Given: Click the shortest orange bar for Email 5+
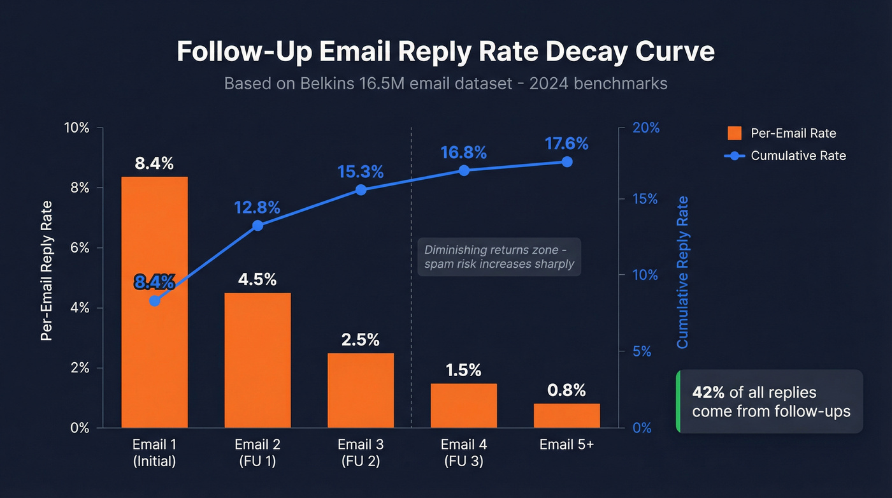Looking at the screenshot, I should [566, 415].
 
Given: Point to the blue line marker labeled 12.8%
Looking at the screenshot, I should [257, 225].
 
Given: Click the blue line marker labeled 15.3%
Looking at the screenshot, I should [361, 189].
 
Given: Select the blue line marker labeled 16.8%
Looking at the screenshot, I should [464, 170].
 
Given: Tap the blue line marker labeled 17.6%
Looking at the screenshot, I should [566, 161].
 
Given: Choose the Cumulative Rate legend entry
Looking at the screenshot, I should [787, 156].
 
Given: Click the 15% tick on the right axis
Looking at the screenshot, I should [645, 199].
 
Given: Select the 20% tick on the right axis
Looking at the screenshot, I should [645, 128].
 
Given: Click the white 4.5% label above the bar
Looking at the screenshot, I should [257, 279].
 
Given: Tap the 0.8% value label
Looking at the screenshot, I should [566, 390].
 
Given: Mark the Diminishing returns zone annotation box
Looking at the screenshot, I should [499, 257].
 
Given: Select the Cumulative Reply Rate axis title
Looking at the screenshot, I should [682, 272].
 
